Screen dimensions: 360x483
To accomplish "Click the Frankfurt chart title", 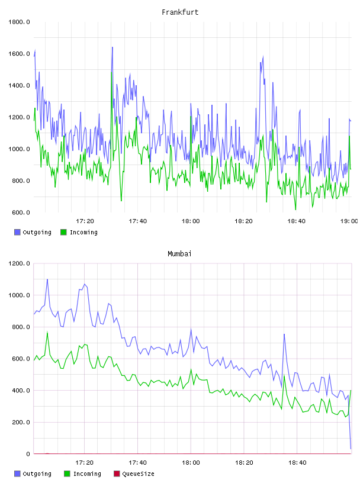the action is pos(180,12).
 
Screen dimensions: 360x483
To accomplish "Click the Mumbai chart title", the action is pos(179,254).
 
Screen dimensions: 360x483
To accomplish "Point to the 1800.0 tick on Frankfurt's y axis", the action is pos(19,22).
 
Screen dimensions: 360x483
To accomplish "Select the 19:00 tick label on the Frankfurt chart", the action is pos(349,221).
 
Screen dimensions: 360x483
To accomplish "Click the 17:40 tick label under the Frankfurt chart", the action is pos(138,221).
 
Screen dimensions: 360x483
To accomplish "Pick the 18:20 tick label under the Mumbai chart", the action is pos(244,463).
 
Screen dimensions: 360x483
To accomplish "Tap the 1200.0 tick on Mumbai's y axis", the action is pos(19,263).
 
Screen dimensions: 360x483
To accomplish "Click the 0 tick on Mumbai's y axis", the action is pos(28,454).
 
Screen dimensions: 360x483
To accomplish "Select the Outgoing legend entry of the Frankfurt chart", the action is pos(33,232).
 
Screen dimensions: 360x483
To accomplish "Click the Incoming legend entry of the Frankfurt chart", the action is pos(79,232).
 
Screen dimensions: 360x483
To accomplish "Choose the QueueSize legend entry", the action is pos(134,474).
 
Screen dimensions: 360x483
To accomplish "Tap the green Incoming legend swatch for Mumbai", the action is pos(67,474).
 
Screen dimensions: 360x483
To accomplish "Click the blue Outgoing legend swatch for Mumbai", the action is pos(17,474).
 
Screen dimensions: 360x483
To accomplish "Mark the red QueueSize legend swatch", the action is pos(117,474).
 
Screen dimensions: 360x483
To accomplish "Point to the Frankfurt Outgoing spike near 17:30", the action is pos(112,47).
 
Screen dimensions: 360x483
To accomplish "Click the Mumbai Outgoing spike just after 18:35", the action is pos(284,334).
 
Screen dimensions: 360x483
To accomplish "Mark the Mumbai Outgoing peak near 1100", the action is pos(47,279).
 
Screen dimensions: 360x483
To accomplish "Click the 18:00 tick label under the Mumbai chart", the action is pos(191,463).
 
